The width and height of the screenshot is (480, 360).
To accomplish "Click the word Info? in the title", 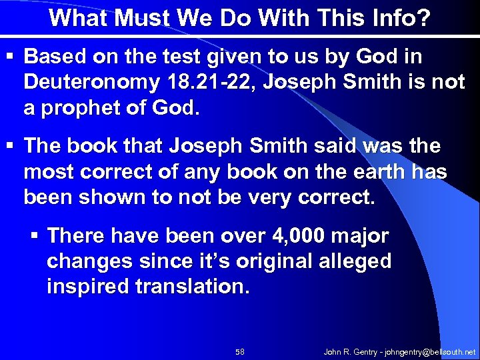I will [x=394, y=18].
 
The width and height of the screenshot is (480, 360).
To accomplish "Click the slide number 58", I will [x=241, y=351].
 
